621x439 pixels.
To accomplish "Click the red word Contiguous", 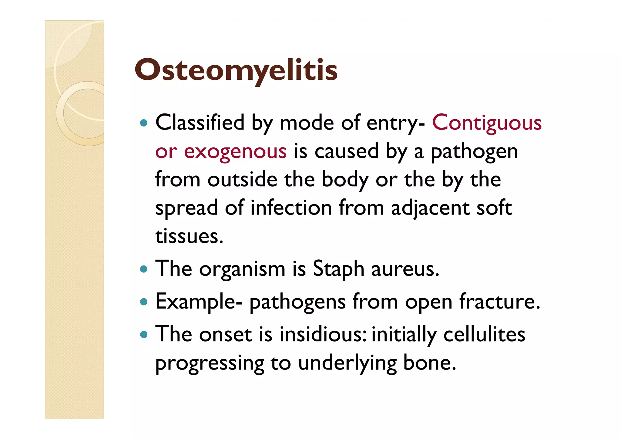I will click(x=487, y=123).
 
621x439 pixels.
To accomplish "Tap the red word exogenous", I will click(x=235, y=151).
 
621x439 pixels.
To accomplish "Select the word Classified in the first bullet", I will click(x=200, y=123).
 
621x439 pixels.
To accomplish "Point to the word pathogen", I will click(x=474, y=151).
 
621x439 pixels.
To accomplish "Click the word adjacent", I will click(x=430, y=208).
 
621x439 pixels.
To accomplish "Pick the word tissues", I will click(x=189, y=236).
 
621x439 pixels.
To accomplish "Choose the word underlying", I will click(x=347, y=363).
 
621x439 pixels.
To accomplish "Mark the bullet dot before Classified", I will click(x=144, y=123).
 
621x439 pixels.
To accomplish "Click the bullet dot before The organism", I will click(x=144, y=269).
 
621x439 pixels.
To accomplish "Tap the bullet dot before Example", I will click(x=144, y=302).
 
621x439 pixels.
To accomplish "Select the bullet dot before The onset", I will click(x=144, y=335).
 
